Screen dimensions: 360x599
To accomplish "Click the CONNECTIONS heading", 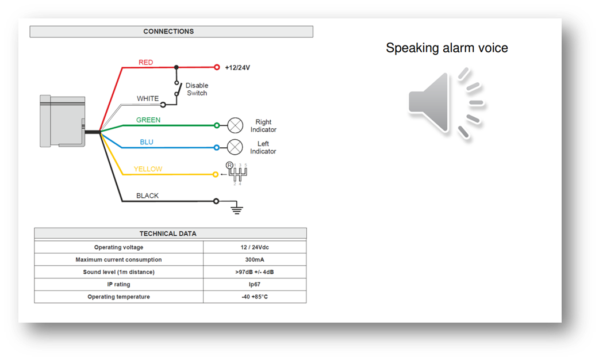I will click(x=168, y=32).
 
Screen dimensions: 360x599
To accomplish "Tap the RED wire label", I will click(x=146, y=62).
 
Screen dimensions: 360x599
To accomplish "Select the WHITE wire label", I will click(x=148, y=98).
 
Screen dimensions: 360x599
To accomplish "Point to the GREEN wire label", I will click(x=148, y=120).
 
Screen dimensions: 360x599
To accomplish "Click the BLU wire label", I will click(x=147, y=142).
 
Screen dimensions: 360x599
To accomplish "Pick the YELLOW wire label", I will click(x=148, y=169).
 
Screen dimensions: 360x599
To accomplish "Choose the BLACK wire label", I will click(x=147, y=196).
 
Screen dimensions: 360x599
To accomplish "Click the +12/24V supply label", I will click(x=237, y=67).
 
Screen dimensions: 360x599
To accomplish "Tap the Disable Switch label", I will click(x=197, y=89).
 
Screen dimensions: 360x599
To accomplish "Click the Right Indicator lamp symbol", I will click(x=235, y=125).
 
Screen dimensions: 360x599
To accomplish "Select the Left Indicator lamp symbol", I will click(x=235, y=147).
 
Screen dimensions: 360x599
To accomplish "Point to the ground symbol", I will click(x=236, y=209).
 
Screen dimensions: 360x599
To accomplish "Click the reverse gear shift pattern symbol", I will click(x=237, y=173).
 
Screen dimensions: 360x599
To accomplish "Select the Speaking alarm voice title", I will click(x=447, y=48).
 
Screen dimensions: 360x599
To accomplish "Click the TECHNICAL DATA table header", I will click(x=170, y=233).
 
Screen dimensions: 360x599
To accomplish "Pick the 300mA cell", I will click(x=255, y=259).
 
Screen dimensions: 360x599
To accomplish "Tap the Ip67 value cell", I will click(x=255, y=284).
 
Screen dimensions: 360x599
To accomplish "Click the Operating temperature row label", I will click(x=118, y=297).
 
